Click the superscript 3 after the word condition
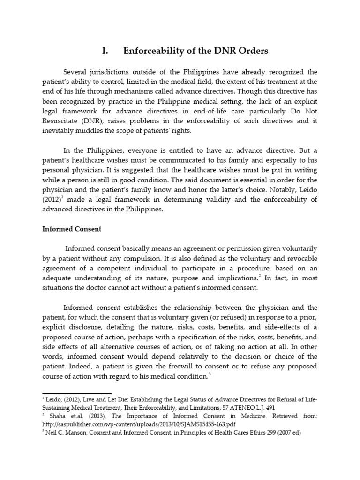(209, 374)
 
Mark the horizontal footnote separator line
(77, 394)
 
